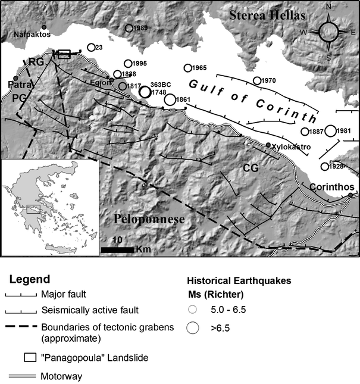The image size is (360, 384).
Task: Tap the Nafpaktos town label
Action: (30, 35)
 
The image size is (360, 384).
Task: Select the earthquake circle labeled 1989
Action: (129, 28)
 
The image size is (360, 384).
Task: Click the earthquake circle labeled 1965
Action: (188, 68)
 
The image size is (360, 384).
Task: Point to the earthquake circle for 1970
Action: (256, 80)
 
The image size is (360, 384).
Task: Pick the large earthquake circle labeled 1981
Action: (330, 130)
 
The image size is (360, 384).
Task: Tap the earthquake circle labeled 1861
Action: (170, 99)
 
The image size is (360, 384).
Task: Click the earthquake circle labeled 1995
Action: (127, 64)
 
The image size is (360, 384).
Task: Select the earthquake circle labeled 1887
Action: (305, 132)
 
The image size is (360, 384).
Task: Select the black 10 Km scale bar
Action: (117, 249)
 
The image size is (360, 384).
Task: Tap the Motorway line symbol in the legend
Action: (21, 376)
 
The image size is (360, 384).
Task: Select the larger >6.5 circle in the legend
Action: (193, 327)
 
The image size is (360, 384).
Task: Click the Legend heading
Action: (33, 279)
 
